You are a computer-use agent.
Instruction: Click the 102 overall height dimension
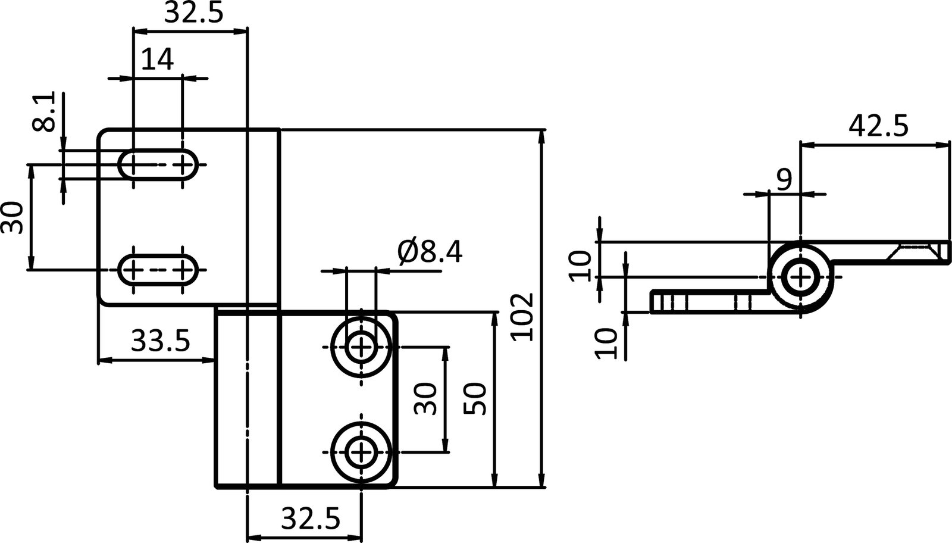522,316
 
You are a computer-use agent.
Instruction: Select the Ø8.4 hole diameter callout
430,252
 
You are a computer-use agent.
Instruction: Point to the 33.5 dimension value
160,342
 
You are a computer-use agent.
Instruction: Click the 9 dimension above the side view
785,178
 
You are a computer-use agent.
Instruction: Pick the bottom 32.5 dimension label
310,519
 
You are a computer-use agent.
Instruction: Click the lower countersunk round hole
361,453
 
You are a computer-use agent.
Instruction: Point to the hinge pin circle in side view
801,276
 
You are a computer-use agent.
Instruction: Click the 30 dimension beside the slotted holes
12,218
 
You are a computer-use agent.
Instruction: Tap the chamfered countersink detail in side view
913,251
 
